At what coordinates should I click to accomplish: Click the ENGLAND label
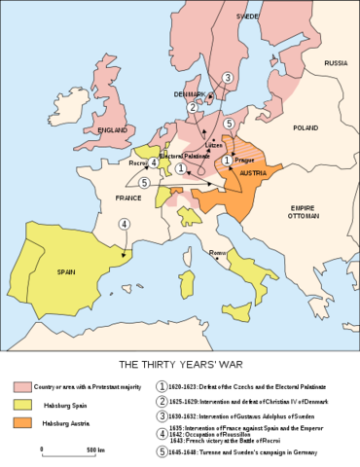point(106,129)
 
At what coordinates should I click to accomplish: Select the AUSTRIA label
point(253,173)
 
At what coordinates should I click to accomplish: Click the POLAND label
point(306,127)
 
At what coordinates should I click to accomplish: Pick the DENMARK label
point(190,94)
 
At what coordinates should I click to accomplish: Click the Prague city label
point(244,160)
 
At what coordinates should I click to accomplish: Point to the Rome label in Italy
point(218,254)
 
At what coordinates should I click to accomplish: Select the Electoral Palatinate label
point(184,156)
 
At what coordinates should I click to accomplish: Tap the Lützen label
point(213,144)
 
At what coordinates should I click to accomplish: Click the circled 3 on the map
point(227,78)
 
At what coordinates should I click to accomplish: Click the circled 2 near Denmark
point(194,107)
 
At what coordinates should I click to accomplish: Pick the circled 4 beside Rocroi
point(154,162)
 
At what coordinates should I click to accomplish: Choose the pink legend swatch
point(22,387)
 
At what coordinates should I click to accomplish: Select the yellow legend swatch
point(22,405)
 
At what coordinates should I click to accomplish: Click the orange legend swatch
point(22,422)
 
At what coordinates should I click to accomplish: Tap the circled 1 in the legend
point(162,385)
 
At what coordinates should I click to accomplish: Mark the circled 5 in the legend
point(162,452)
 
